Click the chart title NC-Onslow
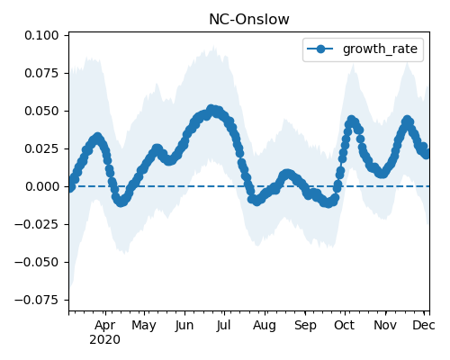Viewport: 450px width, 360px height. point(249,20)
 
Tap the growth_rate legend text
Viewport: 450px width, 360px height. point(380,49)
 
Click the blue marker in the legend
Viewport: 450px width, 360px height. point(320,49)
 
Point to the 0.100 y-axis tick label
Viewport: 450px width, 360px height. point(41,35)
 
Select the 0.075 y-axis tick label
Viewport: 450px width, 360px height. point(41,73)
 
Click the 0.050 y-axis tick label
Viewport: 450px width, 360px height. point(41,111)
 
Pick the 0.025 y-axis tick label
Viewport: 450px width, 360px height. point(41,148)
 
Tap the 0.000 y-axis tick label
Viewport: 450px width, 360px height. point(42,186)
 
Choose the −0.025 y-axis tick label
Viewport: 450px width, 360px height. point(37,224)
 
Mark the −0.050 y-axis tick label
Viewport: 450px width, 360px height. point(37,262)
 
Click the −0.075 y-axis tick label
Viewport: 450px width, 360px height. point(37,300)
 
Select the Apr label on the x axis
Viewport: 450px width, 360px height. point(104,326)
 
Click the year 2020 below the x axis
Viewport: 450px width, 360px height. point(104,340)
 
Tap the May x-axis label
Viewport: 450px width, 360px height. point(144,326)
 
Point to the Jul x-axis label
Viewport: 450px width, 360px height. point(223,325)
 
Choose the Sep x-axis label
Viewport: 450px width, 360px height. point(305,326)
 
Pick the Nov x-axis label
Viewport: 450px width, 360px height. point(385,325)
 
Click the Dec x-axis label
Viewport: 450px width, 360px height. point(424,325)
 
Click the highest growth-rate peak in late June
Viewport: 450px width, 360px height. point(211,109)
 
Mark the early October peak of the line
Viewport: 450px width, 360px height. point(351,120)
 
